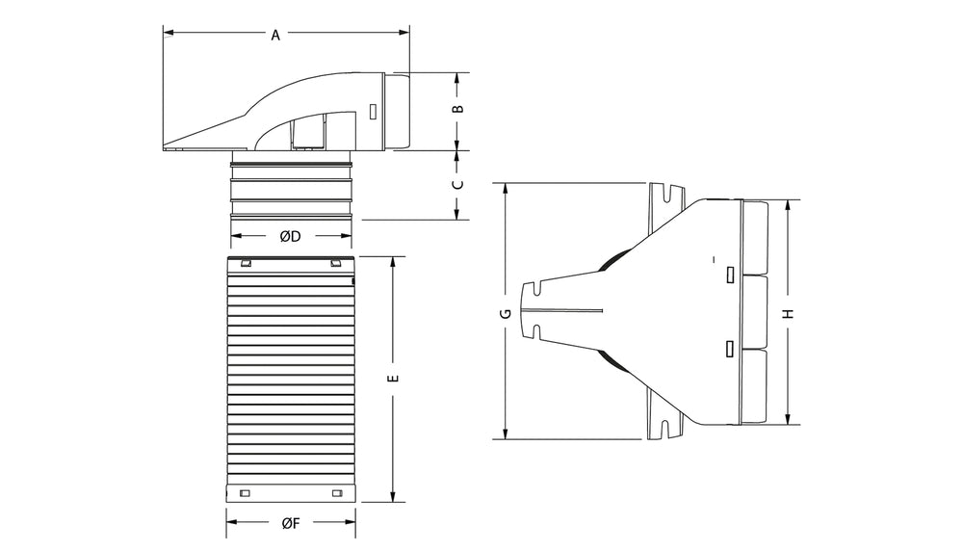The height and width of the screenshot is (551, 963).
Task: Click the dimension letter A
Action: pyautogui.click(x=275, y=36)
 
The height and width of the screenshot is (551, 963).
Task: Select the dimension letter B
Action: pyautogui.click(x=457, y=110)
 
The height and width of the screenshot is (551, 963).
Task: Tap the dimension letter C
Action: pyautogui.click(x=457, y=184)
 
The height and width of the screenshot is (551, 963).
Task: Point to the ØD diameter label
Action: pyautogui.click(x=291, y=236)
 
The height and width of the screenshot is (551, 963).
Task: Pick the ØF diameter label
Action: pyautogui.click(x=291, y=523)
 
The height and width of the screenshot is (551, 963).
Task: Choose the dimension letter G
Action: pyautogui.click(x=506, y=313)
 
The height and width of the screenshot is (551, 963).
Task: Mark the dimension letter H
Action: pyautogui.click(x=790, y=313)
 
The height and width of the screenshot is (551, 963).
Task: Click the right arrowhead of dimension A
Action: pyautogui.click(x=404, y=33)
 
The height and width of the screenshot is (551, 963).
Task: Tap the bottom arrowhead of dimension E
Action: pyautogui.click(x=394, y=497)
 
